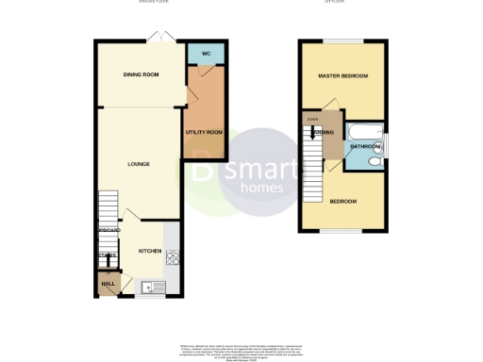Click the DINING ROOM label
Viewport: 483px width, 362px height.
click(x=140, y=74)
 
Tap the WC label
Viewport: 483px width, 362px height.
click(x=205, y=54)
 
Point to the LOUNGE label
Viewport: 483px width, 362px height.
click(x=139, y=164)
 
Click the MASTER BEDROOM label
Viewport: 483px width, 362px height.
click(x=341, y=75)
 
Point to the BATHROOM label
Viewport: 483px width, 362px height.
click(x=365, y=147)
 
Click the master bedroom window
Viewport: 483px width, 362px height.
click(x=342, y=41)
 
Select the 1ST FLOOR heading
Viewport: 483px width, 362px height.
click(x=342, y=3)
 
